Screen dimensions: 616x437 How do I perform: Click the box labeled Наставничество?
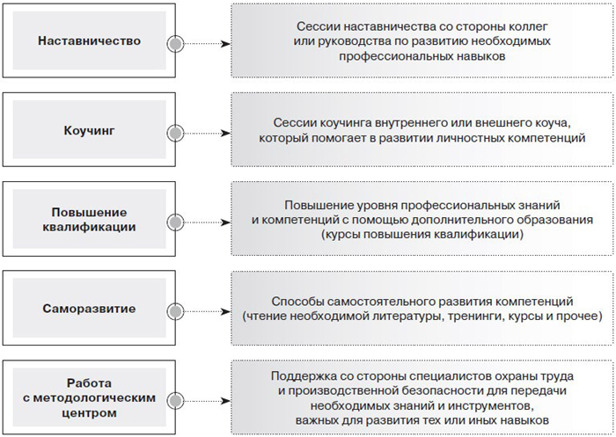point(89,40)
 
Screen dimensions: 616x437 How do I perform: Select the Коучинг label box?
point(89,129)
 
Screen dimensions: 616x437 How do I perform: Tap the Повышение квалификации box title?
point(89,220)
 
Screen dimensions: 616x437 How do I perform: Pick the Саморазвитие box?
point(89,309)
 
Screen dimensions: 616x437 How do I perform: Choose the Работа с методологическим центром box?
point(89,397)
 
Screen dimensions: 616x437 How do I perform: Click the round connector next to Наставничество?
point(175,44)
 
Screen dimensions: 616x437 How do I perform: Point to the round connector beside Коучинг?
point(175,133)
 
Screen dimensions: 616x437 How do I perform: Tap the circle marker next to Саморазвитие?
point(175,312)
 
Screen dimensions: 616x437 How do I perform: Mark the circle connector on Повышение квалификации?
point(175,222)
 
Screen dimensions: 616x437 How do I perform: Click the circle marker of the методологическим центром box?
point(175,401)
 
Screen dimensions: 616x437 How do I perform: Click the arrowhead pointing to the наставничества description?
point(225,44)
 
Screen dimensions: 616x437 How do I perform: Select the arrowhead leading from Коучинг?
point(225,133)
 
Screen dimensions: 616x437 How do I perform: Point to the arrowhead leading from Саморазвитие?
point(225,312)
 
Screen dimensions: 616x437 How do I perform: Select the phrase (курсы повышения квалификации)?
point(422,235)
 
